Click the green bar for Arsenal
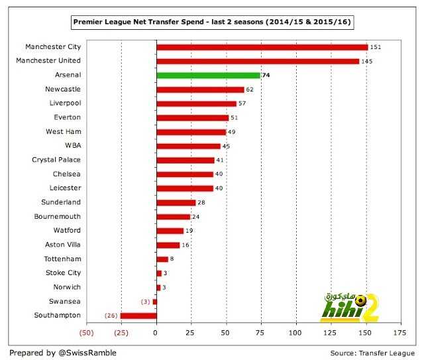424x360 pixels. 209,75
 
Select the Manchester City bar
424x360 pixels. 262,47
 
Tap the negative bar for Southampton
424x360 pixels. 138,316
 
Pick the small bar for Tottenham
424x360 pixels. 162,259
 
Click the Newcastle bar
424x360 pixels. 200,90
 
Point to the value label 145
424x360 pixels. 367,62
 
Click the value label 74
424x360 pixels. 266,75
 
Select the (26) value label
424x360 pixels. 111,316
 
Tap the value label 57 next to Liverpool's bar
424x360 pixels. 242,103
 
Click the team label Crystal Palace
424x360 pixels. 56,160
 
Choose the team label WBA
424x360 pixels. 73,146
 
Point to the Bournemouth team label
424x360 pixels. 58,217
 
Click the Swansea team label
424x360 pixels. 65,302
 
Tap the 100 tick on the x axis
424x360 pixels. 295,333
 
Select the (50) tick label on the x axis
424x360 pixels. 87,333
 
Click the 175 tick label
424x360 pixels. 399,333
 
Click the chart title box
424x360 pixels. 212,22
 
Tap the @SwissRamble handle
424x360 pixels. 87,353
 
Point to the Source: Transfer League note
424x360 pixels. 372,353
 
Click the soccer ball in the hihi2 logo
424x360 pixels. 360,300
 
